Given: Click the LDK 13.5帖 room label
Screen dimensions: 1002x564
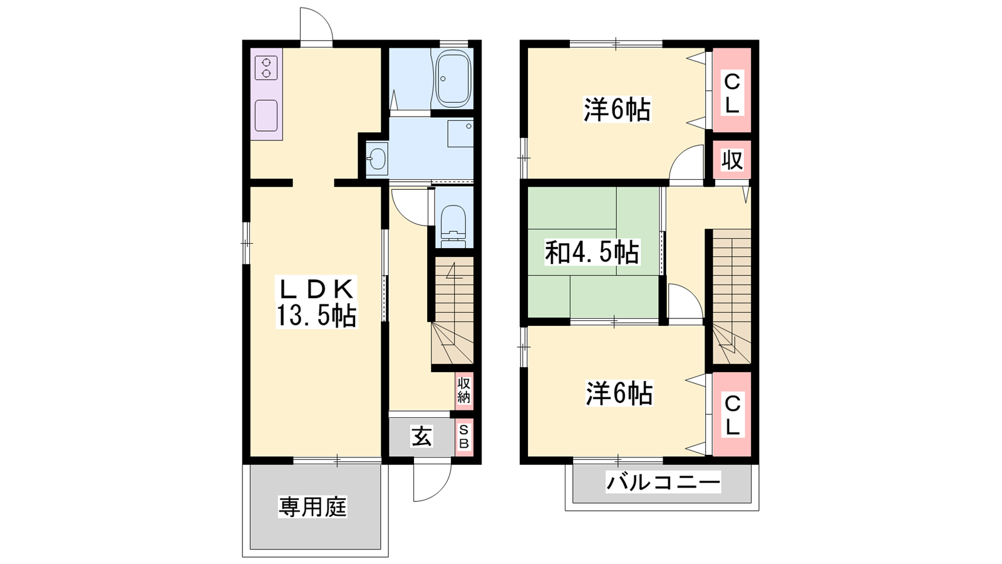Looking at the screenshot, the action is pyautogui.click(x=316, y=303).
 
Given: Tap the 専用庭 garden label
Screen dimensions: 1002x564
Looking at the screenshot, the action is pyautogui.click(x=312, y=507).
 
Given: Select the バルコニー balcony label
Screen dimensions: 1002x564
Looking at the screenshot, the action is pyautogui.click(x=663, y=482).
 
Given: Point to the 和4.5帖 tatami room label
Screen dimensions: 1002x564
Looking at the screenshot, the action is pyautogui.click(x=592, y=253).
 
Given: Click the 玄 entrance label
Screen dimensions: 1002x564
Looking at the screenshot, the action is pyautogui.click(x=421, y=436).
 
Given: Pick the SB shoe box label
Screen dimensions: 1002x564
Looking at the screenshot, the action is pyautogui.click(x=464, y=437).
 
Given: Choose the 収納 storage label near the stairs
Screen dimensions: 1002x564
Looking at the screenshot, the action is pyautogui.click(x=464, y=390).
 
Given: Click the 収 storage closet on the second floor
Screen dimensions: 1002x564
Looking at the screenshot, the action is pyautogui.click(x=732, y=160).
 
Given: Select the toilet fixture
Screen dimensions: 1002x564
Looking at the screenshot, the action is pyautogui.click(x=453, y=226).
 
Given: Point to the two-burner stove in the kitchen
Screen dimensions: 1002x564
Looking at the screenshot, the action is pyautogui.click(x=266, y=68).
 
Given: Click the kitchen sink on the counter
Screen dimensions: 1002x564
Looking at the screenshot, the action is pyautogui.click(x=266, y=115).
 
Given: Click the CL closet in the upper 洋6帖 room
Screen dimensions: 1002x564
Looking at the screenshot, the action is pyautogui.click(x=732, y=90).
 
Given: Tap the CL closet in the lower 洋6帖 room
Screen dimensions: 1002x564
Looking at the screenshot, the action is pyautogui.click(x=732, y=414).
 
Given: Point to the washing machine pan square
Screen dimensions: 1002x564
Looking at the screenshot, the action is pyautogui.click(x=460, y=133).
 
